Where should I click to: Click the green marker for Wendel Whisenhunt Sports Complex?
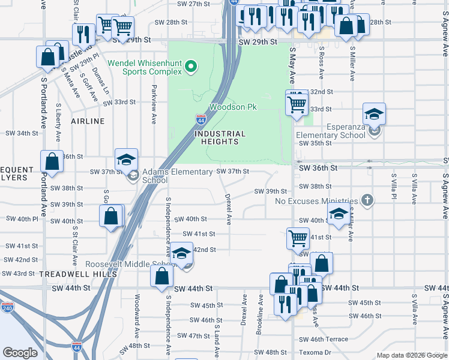(x=191, y=66)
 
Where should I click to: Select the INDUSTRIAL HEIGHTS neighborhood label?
(x=220, y=137)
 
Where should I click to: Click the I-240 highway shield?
(x=7, y=308)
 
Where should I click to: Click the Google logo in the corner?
(x=20, y=352)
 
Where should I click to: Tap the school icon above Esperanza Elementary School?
(x=373, y=114)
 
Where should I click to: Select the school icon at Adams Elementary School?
(x=127, y=160)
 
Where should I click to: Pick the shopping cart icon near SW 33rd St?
(x=297, y=103)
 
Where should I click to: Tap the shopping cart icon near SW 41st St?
(x=298, y=238)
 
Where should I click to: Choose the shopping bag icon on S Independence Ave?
(x=161, y=277)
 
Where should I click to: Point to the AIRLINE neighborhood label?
(x=88, y=121)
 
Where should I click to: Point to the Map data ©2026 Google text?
(x=411, y=355)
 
